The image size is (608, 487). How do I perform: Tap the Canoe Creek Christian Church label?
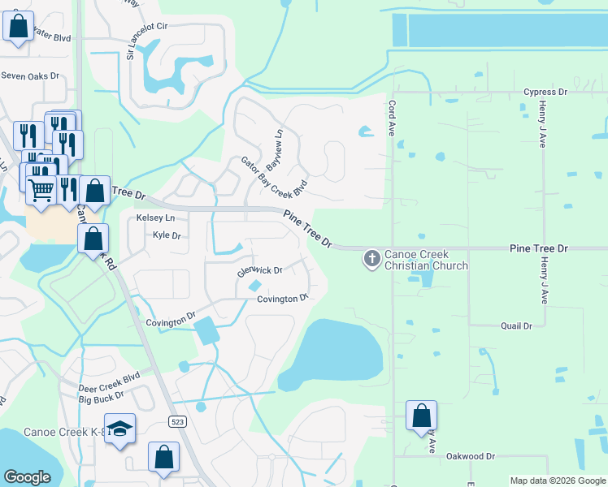click(426, 260)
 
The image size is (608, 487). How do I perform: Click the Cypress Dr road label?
click(545, 93)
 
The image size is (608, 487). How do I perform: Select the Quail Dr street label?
click(515, 325)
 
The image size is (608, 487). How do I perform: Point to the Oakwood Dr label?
click(471, 457)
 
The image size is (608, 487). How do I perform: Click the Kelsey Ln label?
click(155, 218)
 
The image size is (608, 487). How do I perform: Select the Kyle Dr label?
click(166, 235)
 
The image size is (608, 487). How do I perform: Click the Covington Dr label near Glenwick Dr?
click(282, 299)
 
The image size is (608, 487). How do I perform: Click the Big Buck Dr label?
click(101, 397)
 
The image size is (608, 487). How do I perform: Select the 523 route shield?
click(176, 421)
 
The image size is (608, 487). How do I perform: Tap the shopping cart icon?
click(41, 190)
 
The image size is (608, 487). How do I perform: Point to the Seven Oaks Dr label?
click(31, 75)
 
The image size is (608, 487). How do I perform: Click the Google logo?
click(27, 477)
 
